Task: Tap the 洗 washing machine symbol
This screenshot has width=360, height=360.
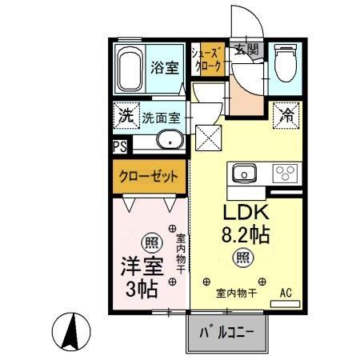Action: tap(125, 114)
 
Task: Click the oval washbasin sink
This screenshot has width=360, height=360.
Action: tap(168, 142)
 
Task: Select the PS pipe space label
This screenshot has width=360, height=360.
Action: tap(118, 146)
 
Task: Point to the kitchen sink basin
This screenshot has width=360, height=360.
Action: tap(243, 174)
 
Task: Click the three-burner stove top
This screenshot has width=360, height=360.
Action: tap(284, 174)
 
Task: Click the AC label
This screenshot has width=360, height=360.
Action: tap(286, 294)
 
